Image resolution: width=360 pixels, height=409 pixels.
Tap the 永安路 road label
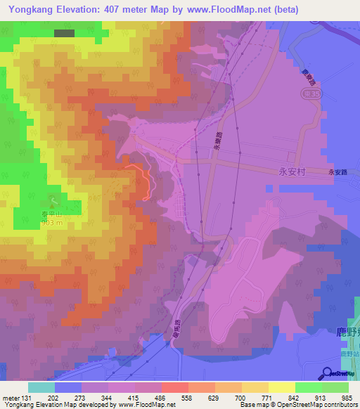click(x=338, y=171)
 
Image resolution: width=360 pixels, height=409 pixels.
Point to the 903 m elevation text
click(x=53, y=223)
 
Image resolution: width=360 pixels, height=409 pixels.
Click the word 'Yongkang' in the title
click(x=33, y=10)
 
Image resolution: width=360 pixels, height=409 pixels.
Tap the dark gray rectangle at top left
click(x=64, y=33)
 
